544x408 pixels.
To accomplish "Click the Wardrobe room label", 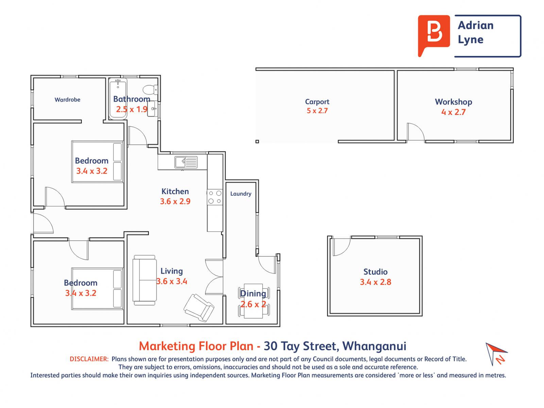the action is coord(67,100).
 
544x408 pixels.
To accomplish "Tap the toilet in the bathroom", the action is coord(150,89).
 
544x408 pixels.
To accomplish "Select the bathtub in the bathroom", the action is coord(118,99).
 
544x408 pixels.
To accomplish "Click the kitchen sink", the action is coord(186,162).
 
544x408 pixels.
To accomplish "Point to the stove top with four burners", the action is coord(215,197).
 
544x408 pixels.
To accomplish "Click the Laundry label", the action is coord(241,194).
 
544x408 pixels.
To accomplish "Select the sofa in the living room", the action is coord(144,280).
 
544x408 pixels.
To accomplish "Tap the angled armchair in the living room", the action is coord(199,308).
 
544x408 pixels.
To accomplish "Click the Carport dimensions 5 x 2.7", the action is coord(317,111).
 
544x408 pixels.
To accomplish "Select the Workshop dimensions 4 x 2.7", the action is coord(453,112).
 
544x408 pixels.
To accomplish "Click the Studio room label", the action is coord(375,272).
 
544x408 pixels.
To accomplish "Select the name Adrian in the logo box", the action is coord(475,25).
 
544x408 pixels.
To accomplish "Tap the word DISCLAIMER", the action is coord(89,359).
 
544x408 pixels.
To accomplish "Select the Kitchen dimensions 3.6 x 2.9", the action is coord(175,201).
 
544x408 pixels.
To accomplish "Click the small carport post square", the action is coord(257,141).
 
